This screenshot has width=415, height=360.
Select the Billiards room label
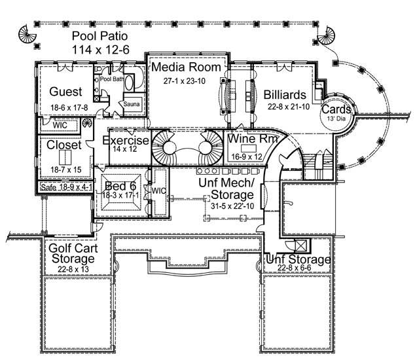[x=286, y=94]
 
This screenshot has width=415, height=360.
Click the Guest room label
[x=65, y=92]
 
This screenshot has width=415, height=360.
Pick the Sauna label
[x=132, y=103]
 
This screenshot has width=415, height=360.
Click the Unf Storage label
[x=298, y=260]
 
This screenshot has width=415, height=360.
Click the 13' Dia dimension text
[x=334, y=120]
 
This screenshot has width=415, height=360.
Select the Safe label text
[x=48, y=187]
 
